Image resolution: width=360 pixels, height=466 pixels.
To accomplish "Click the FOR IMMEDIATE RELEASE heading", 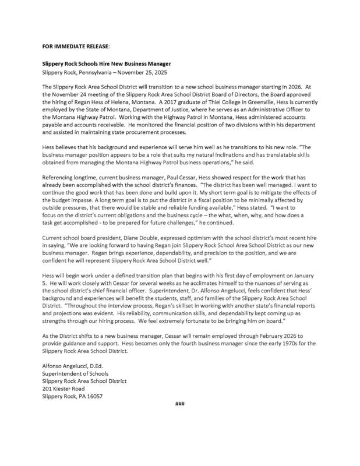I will [74, 44].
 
